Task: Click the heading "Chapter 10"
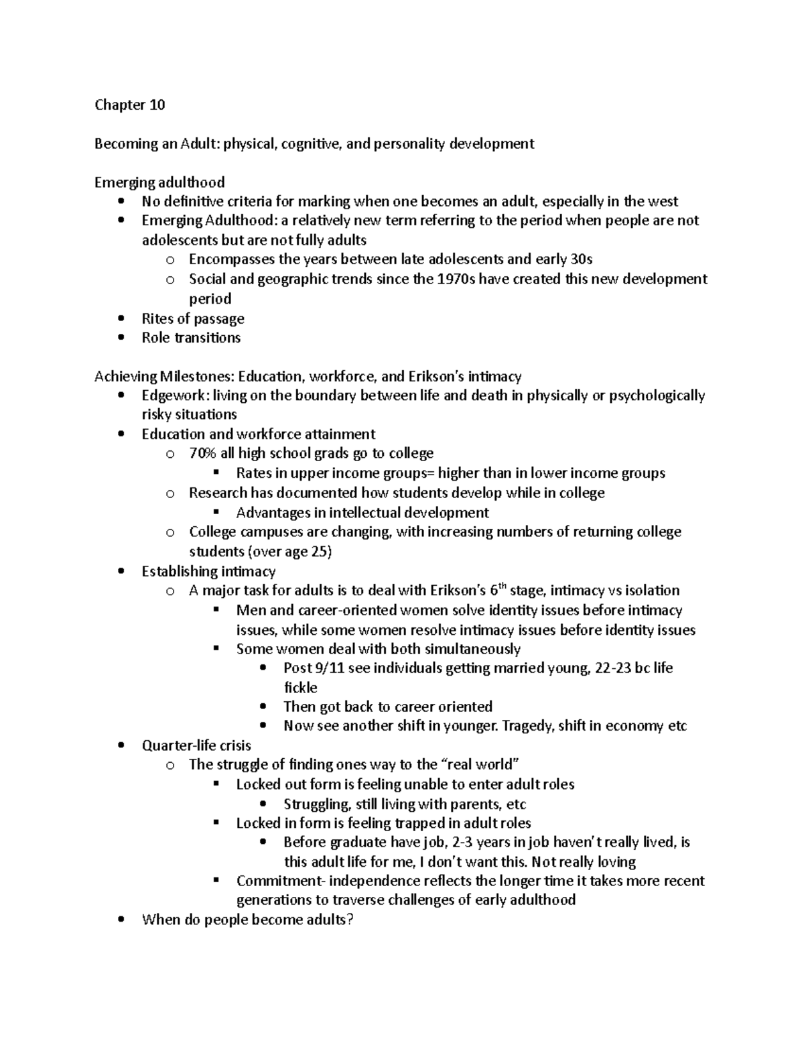[x=129, y=105]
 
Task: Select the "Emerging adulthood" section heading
[x=159, y=182]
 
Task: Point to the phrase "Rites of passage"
[x=193, y=318]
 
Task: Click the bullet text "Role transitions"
[x=191, y=338]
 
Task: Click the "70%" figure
[x=203, y=454]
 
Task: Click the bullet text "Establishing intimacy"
[x=208, y=571]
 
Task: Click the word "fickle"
[x=300, y=688]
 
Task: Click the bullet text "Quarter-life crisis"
[x=196, y=745]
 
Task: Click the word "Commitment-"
[x=279, y=881]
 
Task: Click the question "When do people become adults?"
[x=247, y=920]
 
